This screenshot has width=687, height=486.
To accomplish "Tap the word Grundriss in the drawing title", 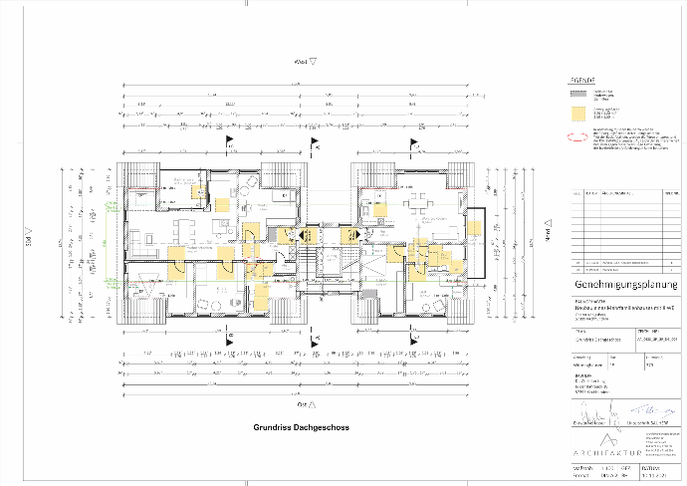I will point(273,428).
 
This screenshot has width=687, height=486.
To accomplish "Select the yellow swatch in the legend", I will point(574,115).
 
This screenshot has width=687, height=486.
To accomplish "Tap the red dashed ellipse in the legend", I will point(574,138).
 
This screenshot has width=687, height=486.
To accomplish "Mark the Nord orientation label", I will point(547,232).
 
